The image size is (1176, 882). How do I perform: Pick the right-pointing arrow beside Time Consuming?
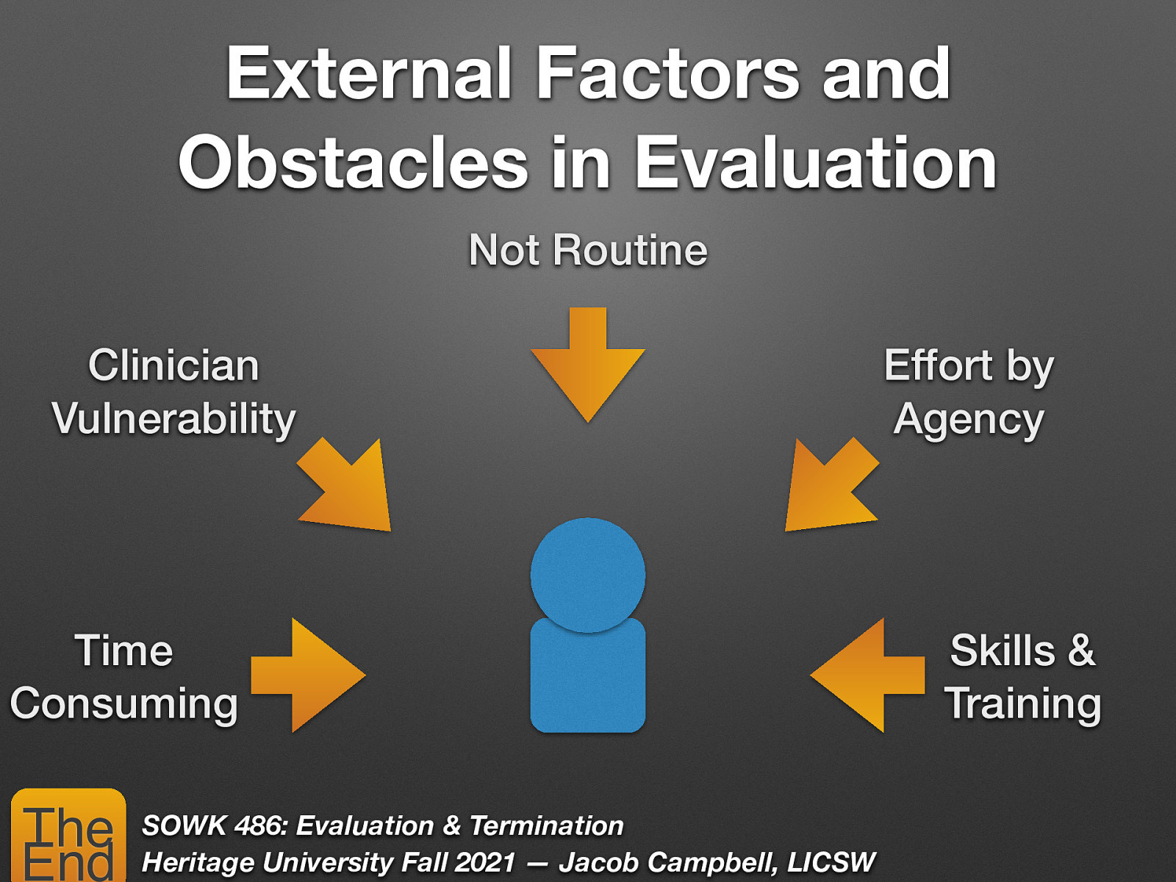point(309,675)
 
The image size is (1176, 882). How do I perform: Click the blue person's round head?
point(588,575)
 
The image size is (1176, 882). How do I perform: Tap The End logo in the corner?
point(68,836)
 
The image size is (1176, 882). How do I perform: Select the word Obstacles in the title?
point(353,163)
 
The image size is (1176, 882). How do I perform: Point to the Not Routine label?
point(588,251)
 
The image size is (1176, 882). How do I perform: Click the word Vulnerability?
point(174,419)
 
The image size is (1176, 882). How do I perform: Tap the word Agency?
point(969,420)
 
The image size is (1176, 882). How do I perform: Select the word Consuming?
point(124,704)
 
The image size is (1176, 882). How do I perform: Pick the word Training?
point(1022,704)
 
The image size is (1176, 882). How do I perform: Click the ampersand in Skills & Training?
point(1081,650)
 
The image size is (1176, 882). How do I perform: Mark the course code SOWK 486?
point(212,825)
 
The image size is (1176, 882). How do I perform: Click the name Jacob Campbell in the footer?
point(667,862)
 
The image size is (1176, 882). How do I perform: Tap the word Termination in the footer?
point(546,825)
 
